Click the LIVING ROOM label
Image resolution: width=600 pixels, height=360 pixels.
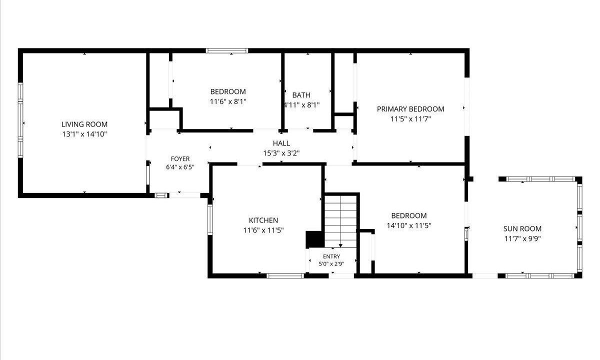click(x=84, y=124)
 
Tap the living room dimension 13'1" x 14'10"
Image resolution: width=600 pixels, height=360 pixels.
click(x=84, y=134)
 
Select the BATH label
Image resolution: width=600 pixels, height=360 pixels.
click(x=301, y=95)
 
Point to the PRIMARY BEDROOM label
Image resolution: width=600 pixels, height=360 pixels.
click(x=410, y=109)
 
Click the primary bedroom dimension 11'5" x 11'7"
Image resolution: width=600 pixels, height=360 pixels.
click(x=410, y=119)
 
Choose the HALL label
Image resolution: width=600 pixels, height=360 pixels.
click(x=281, y=143)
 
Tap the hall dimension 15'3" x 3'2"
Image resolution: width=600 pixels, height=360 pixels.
click(x=281, y=153)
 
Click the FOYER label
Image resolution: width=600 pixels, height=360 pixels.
click(x=180, y=159)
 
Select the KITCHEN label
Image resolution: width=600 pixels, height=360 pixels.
click(x=263, y=220)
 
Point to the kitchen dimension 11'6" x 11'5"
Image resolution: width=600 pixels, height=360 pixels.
click(x=263, y=230)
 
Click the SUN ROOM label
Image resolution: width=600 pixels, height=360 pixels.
click(x=522, y=229)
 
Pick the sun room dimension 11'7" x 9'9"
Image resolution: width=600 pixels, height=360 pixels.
click(x=522, y=238)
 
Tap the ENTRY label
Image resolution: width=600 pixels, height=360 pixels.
click(x=331, y=256)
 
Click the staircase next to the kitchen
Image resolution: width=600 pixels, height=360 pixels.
click(x=340, y=221)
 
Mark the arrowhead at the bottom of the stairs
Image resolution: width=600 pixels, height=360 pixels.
click(x=340, y=245)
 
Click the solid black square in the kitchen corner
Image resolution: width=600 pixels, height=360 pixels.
click(x=315, y=239)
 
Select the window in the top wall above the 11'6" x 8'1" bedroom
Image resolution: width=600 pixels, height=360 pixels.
click(x=227, y=50)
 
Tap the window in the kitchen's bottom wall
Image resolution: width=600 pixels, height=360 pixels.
click(x=285, y=275)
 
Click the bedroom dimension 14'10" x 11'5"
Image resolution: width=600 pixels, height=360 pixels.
click(x=409, y=225)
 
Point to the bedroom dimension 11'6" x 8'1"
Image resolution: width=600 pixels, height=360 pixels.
click(x=228, y=101)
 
